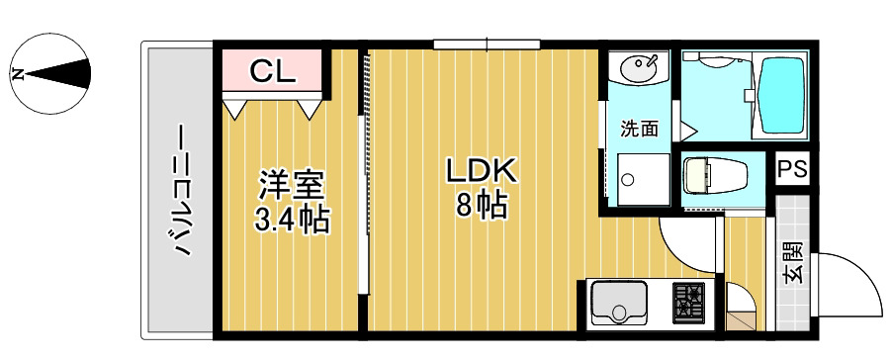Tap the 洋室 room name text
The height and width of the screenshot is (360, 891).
[292, 185]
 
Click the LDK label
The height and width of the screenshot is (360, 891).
[482, 171]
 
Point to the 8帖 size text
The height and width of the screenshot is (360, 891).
[482, 206]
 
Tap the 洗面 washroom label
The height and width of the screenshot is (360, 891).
[639, 128]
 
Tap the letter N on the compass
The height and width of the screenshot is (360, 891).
[17, 73]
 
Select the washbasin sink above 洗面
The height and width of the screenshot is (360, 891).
[638, 70]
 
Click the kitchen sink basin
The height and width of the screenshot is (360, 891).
[620, 302]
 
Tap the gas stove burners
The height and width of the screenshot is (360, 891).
[689, 302]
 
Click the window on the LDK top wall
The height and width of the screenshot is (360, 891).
[487, 44]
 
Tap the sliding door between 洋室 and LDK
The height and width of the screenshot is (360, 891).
[363, 198]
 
